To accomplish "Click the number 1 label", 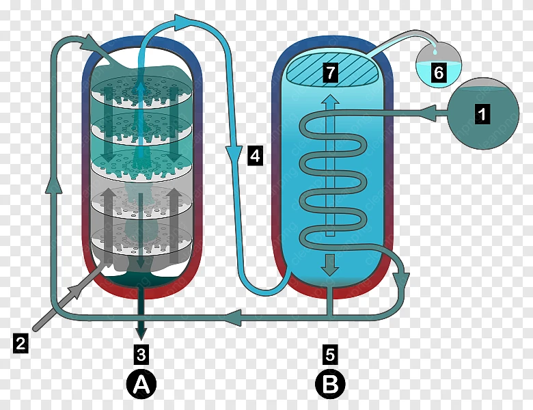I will (482, 113).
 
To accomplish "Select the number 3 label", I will (141, 354).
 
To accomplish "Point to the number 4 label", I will (255, 156).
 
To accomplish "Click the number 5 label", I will (330, 354).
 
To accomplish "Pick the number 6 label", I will (439, 72).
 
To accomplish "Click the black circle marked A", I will (141, 385).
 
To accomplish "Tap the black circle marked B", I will (330, 385).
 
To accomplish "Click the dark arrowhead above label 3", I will (141, 333).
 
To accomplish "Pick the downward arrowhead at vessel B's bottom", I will (330, 266).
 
